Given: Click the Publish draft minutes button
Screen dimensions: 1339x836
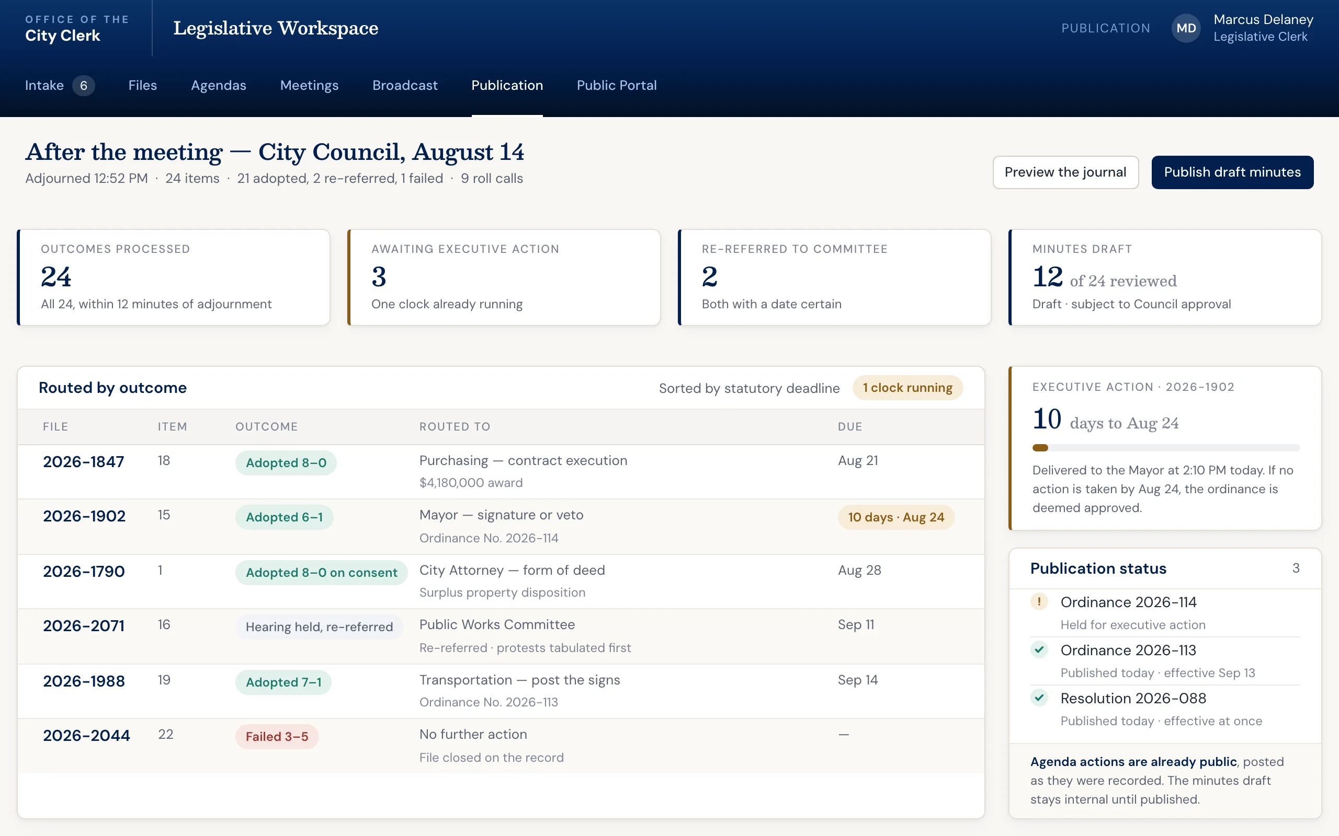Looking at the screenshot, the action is click(1232, 172).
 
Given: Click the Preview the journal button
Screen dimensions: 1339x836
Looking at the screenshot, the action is click(1065, 172).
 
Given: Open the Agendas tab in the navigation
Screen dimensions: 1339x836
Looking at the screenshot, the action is click(219, 85).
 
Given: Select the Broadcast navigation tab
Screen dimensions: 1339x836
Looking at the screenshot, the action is click(405, 85).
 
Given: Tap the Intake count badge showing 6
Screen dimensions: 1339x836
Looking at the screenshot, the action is click(84, 86).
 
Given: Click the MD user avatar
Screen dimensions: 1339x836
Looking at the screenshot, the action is click(1186, 28).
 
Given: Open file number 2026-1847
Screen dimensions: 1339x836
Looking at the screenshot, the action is click(84, 462).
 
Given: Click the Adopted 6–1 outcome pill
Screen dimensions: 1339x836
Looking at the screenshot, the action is click(285, 517).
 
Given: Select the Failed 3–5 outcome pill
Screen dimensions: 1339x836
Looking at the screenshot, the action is click(277, 737).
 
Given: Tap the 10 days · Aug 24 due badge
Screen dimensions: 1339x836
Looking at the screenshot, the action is click(896, 517).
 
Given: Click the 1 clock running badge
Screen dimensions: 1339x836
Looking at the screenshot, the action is click(907, 388).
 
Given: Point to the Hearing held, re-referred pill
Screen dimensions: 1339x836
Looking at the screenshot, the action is click(319, 627).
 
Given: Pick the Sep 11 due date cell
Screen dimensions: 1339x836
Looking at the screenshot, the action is click(856, 624).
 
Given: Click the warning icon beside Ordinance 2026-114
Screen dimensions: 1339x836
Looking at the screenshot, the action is click(1039, 601).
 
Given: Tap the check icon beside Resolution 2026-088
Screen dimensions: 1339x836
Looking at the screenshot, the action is click(1039, 697).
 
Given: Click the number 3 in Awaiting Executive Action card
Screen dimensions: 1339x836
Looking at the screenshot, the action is click(379, 276).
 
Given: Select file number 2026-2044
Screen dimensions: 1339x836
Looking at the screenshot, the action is click(86, 735).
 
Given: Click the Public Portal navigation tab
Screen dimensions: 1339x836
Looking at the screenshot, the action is click(616, 85).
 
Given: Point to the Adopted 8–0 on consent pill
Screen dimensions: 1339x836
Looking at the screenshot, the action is click(322, 572).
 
